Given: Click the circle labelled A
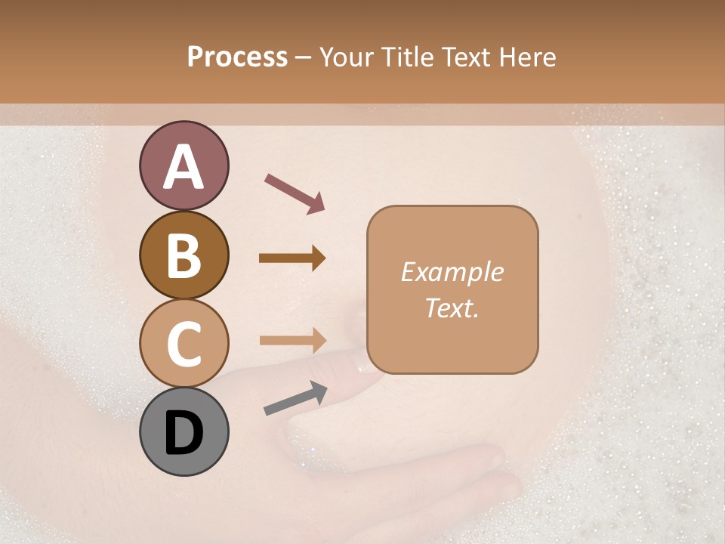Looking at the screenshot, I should click(x=184, y=165).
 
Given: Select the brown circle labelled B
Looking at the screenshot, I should click(x=184, y=255).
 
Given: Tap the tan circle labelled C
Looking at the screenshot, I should click(x=184, y=343).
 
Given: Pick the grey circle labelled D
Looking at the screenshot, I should click(x=184, y=431).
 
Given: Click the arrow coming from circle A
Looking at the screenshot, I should click(x=294, y=193).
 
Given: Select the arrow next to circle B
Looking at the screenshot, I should click(x=292, y=258).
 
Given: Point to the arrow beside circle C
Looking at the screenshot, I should click(x=292, y=340).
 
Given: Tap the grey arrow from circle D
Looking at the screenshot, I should click(x=295, y=398).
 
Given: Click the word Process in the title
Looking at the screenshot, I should click(x=237, y=57).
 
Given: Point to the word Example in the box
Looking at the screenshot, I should click(x=452, y=272).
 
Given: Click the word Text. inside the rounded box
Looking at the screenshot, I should click(x=452, y=308).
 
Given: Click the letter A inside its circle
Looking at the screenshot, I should click(x=184, y=167).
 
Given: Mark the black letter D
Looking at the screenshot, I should click(x=184, y=433).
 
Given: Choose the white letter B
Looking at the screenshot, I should click(x=184, y=255).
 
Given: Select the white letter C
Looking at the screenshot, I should click(x=184, y=344).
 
